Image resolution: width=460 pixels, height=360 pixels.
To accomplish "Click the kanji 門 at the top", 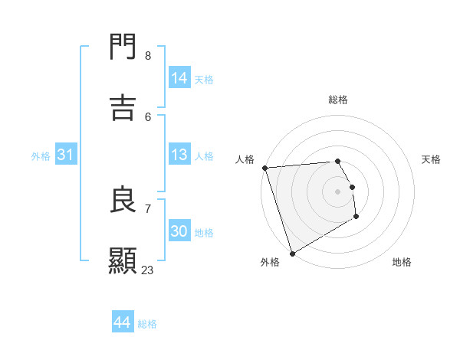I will (123, 48).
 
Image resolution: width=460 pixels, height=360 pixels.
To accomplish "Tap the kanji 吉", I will (123, 108).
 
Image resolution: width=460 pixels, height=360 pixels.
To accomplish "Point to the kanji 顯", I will (123, 260).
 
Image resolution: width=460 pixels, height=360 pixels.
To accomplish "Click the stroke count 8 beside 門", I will (148, 56).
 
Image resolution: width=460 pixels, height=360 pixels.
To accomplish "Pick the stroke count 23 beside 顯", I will (147, 270).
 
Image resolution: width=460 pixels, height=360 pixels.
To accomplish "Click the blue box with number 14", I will (179, 78).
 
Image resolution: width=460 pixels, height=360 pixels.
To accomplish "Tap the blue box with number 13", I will (179, 155).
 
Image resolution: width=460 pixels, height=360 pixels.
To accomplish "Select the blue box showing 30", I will (179, 231).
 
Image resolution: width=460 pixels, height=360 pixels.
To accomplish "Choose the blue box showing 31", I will (67, 155).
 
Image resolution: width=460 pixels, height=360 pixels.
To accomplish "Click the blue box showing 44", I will (123, 322).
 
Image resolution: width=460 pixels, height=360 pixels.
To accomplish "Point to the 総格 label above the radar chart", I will (338, 100).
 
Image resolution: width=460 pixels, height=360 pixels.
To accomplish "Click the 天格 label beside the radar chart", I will (431, 159).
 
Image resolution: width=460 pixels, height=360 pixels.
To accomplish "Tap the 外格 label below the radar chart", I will (270, 262).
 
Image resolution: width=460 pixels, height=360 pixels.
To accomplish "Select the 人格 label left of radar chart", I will (245, 159).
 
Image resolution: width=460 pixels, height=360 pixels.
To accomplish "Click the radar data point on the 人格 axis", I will (264, 168).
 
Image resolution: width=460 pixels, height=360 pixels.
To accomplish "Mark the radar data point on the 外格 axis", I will (292, 253).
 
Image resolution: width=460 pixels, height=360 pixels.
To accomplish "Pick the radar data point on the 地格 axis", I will (356, 217).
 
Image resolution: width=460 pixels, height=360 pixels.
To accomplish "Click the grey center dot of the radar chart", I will (337, 191).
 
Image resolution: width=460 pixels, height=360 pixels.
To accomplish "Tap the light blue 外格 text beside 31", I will (41, 155).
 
